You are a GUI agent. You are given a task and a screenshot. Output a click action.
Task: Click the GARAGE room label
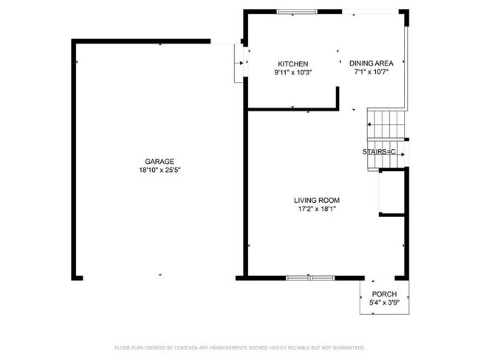tap(160, 162)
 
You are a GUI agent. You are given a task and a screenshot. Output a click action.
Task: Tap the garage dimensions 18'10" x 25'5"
tap(160, 170)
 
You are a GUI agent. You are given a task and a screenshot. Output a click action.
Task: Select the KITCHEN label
tap(292, 64)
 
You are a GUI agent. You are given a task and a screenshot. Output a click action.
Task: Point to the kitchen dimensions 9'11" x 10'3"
tap(292, 72)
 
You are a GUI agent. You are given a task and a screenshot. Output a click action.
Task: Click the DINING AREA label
tap(371, 64)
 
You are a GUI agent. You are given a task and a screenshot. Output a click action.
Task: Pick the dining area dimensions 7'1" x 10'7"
tap(371, 72)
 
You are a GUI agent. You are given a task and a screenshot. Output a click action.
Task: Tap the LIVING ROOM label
tap(317, 200)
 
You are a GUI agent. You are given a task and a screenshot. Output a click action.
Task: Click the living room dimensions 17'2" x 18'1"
tap(317, 209)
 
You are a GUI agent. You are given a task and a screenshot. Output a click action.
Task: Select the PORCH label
tap(383, 294)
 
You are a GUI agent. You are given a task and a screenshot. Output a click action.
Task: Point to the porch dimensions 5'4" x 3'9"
tap(383, 302)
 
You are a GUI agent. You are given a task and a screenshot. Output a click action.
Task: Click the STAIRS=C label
tap(379, 152)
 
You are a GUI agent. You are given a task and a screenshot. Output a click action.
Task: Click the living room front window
tap(310, 277)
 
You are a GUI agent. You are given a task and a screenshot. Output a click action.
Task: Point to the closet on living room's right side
tap(391, 192)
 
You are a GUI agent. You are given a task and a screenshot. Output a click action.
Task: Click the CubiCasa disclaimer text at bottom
tap(240, 347)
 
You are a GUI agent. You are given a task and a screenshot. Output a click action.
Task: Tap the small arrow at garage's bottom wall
tap(160, 275)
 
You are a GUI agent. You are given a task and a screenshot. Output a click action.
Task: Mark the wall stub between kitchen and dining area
tap(337, 97)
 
